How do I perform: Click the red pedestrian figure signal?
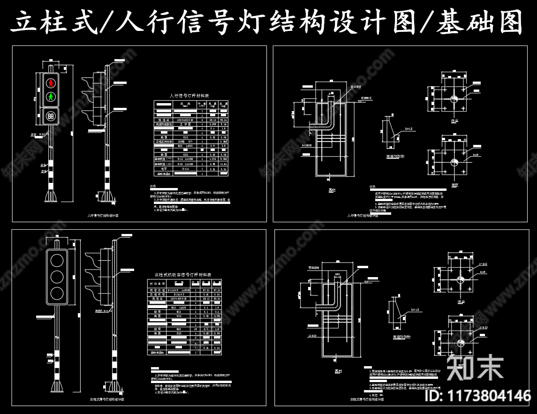[x=51, y=83]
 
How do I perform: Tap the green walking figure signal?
[x=51, y=98]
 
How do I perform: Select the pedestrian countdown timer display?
[x=51, y=115]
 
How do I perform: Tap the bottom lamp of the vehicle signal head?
[x=57, y=293]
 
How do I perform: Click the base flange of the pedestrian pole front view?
[x=50, y=196]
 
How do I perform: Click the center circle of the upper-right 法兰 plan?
[x=454, y=99]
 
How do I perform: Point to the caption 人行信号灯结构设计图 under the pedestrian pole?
[x=103, y=216]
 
